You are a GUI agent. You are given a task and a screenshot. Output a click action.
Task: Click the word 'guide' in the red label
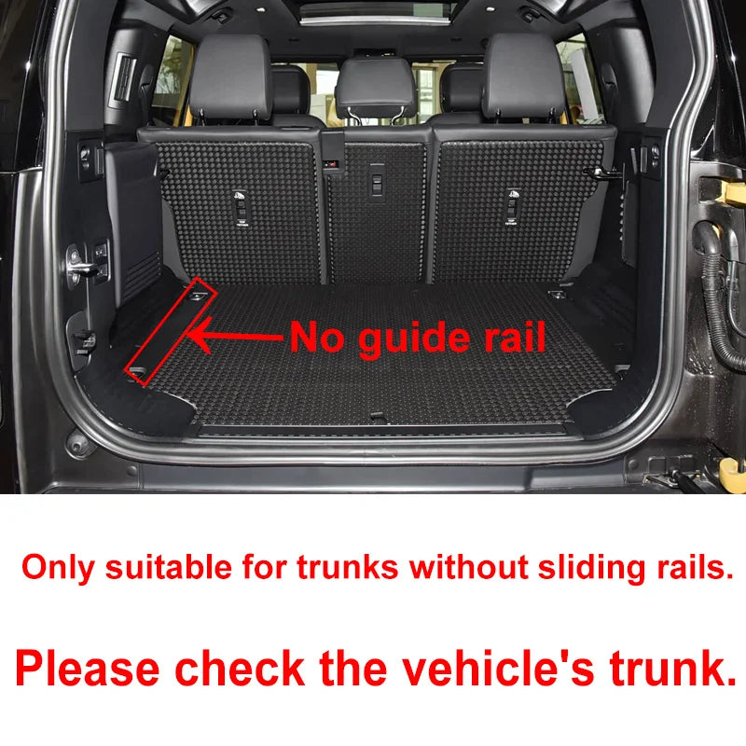point(414,339)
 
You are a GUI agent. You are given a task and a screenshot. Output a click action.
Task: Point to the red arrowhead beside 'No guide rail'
point(200,335)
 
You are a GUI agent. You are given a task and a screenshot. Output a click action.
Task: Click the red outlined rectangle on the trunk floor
point(171,330)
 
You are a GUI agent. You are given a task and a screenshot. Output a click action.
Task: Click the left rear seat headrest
point(230,76)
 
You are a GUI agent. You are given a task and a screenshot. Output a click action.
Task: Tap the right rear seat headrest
point(524,76)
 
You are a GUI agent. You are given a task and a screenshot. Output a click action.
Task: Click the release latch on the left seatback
point(241,207)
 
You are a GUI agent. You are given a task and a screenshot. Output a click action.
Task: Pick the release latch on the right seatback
point(511,206)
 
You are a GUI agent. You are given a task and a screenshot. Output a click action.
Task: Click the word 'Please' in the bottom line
point(88,669)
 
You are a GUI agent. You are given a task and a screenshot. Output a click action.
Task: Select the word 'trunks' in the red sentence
point(347,568)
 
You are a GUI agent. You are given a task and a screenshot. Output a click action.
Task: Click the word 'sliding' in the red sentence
point(592,569)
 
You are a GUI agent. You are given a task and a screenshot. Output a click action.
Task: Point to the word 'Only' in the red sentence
point(58,569)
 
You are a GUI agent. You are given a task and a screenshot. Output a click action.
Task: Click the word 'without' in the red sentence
point(469,567)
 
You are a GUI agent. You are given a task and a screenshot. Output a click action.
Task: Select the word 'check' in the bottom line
point(240,668)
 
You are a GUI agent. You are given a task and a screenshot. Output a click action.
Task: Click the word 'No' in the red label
point(316,336)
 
